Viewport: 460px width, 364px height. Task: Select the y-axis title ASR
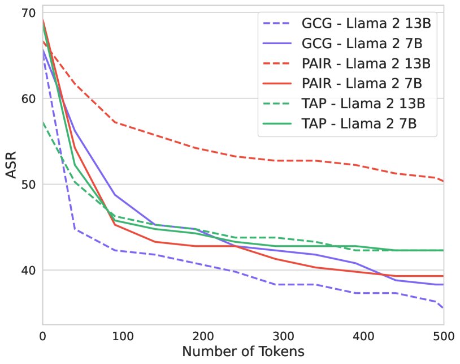[x=12, y=166]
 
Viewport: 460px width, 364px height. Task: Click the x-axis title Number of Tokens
[x=243, y=351]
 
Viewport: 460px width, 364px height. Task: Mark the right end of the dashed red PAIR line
[x=443, y=181]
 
